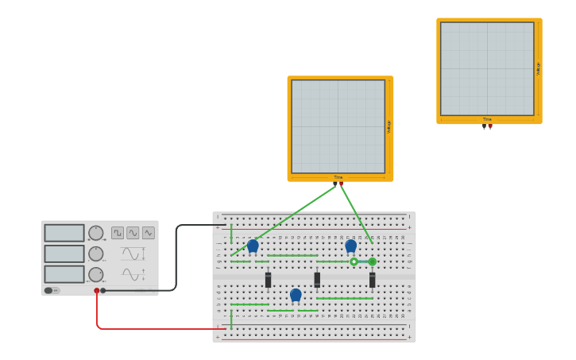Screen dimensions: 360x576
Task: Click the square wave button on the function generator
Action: tap(118, 233)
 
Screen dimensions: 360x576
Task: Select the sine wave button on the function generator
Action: tap(133, 233)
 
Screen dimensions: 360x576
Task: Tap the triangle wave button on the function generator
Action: tap(149, 233)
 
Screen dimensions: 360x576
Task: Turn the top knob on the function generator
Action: tap(96, 233)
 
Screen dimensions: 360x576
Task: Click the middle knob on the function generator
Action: tap(96, 254)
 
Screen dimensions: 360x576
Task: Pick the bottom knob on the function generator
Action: tap(96, 274)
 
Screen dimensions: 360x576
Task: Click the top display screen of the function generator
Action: tap(64, 233)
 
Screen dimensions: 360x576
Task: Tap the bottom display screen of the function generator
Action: tap(64, 274)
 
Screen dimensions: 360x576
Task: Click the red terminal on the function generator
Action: tap(97, 291)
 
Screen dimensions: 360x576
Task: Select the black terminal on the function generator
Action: tap(103, 291)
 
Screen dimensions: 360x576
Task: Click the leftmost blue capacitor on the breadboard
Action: tap(253, 246)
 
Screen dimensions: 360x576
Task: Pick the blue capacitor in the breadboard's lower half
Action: tap(296, 296)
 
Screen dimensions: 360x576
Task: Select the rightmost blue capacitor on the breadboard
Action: tap(350, 246)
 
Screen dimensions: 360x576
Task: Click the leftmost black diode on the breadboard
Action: tap(269, 280)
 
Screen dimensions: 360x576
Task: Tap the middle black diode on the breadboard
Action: tap(317, 280)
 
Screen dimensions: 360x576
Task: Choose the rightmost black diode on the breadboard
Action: tap(372, 280)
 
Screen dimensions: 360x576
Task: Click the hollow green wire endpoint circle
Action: tap(354, 261)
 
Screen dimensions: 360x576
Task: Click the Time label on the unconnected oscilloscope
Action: tap(487, 119)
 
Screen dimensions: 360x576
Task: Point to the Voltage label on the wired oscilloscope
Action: tap(389, 126)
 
